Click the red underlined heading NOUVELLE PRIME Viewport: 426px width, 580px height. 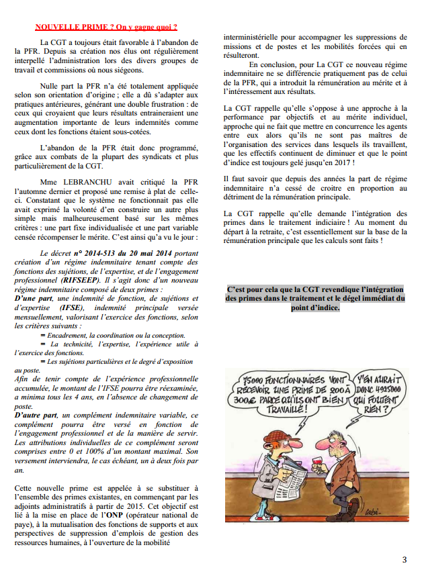click(x=106, y=28)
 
